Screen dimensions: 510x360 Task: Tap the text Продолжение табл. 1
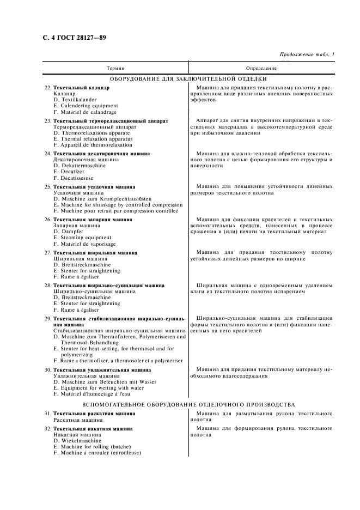(307, 54)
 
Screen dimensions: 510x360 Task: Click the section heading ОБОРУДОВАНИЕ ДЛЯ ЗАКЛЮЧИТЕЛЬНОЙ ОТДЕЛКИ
(188, 79)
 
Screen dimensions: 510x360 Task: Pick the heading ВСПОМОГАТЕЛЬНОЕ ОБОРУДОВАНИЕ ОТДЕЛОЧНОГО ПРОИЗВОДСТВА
(188, 404)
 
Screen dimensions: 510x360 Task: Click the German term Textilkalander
(78, 100)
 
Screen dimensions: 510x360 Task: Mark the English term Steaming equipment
(82, 238)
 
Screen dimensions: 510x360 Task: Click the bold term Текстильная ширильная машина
(95, 252)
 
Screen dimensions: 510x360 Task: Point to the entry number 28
(48, 285)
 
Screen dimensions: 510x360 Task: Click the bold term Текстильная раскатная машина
(95, 414)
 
